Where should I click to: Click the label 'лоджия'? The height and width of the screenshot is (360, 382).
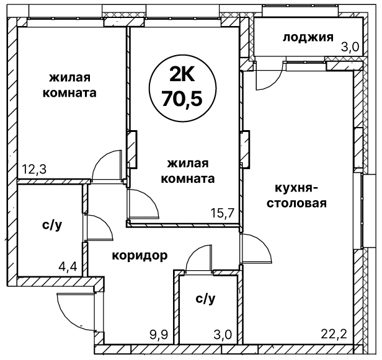(308, 38)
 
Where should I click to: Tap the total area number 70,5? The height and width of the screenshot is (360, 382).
(182, 99)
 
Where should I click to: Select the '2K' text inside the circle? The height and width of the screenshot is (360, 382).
(182, 74)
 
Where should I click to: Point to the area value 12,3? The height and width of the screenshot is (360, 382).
(34, 169)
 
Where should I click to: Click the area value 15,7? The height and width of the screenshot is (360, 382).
(222, 213)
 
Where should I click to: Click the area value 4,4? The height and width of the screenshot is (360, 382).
(68, 267)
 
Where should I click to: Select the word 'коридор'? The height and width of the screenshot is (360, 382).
(140, 256)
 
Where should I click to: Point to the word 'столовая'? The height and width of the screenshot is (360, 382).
(296, 203)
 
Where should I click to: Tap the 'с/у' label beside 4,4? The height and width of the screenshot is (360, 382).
(52, 226)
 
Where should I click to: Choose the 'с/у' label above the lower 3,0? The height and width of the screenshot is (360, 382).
(205, 299)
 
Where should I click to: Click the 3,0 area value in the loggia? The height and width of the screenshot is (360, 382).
(350, 47)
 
